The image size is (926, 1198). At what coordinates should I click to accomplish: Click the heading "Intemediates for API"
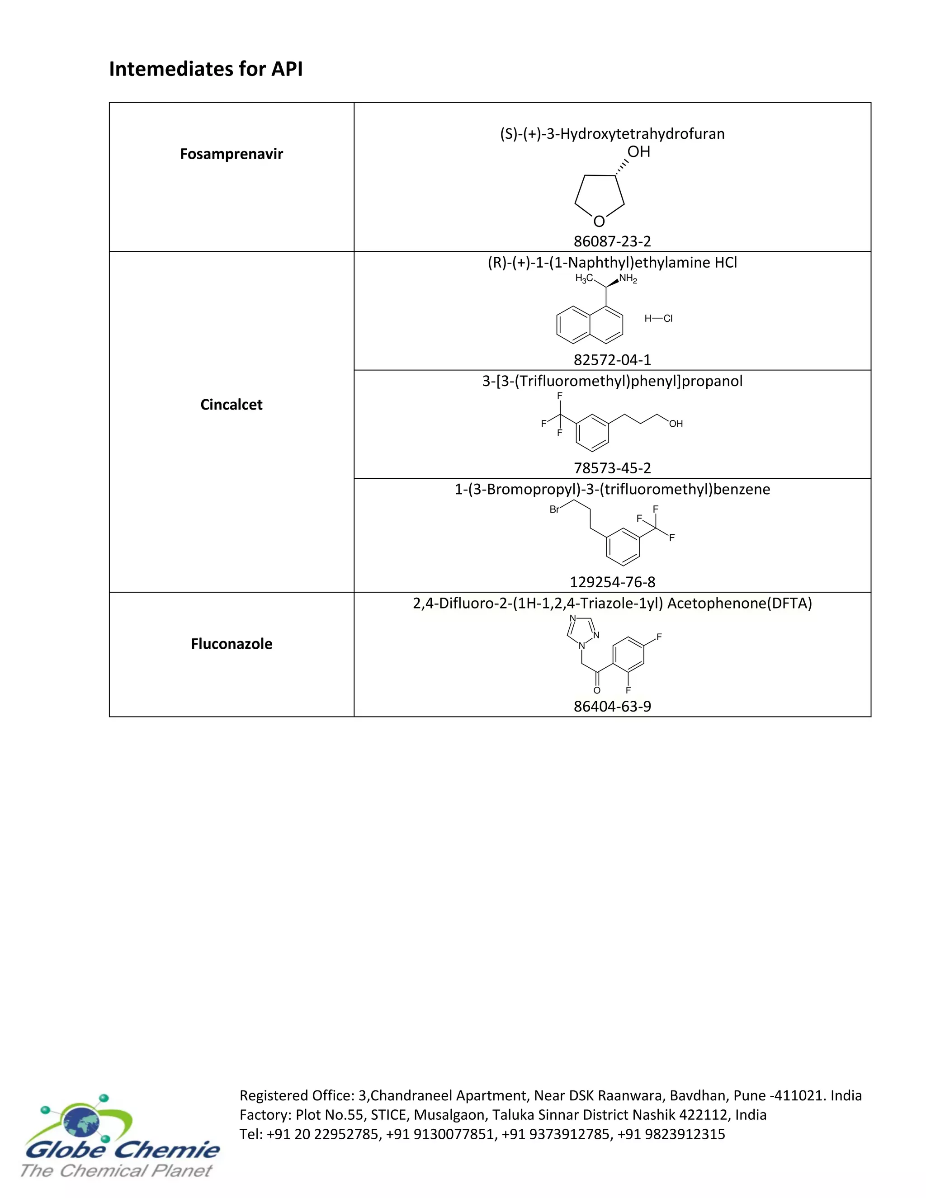pyautogui.click(x=206, y=69)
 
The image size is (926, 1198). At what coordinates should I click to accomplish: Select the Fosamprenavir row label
pyautogui.click(x=231, y=154)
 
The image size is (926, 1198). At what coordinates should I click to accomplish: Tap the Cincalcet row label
pyautogui.click(x=231, y=405)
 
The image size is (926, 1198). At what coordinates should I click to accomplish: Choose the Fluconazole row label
pyautogui.click(x=231, y=644)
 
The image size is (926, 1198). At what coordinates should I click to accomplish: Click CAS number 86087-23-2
pyautogui.click(x=612, y=241)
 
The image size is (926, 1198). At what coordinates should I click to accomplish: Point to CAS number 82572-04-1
pyautogui.click(x=612, y=360)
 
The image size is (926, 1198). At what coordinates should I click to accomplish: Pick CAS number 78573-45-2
pyautogui.click(x=612, y=468)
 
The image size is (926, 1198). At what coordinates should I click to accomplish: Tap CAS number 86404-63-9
pyautogui.click(x=612, y=707)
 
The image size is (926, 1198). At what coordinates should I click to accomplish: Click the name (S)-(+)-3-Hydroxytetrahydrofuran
pyautogui.click(x=612, y=134)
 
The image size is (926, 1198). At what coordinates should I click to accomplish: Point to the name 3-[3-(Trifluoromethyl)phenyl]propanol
pyautogui.click(x=612, y=381)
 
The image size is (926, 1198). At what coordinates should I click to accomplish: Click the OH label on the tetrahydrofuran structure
pyautogui.click(x=638, y=152)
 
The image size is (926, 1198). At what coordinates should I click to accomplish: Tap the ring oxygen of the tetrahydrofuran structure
pyautogui.click(x=599, y=222)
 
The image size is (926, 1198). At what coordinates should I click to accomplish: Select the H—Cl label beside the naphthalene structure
pyautogui.click(x=658, y=319)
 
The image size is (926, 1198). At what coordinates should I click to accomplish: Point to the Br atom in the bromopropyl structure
pyautogui.click(x=554, y=509)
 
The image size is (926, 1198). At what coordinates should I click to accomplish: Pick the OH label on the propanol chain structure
pyautogui.click(x=676, y=424)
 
